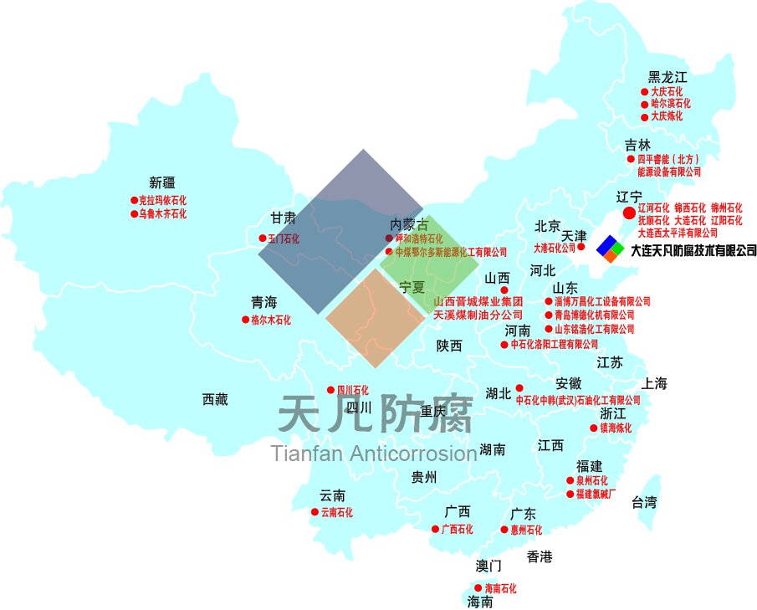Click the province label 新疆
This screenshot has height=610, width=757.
(162, 183)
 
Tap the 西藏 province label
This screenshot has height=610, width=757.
(215, 400)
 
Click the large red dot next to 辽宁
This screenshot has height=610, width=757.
(630, 213)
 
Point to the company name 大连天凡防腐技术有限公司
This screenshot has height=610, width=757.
(693, 249)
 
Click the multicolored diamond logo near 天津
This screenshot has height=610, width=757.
(610, 248)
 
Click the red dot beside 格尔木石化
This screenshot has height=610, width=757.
(246, 320)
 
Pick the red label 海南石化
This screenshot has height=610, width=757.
(500, 589)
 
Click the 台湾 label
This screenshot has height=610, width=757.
(643, 503)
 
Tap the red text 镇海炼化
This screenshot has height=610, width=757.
(616, 428)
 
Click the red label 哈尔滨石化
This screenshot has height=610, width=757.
(671, 104)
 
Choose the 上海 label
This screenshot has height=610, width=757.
(655, 384)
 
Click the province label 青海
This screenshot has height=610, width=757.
(263, 302)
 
